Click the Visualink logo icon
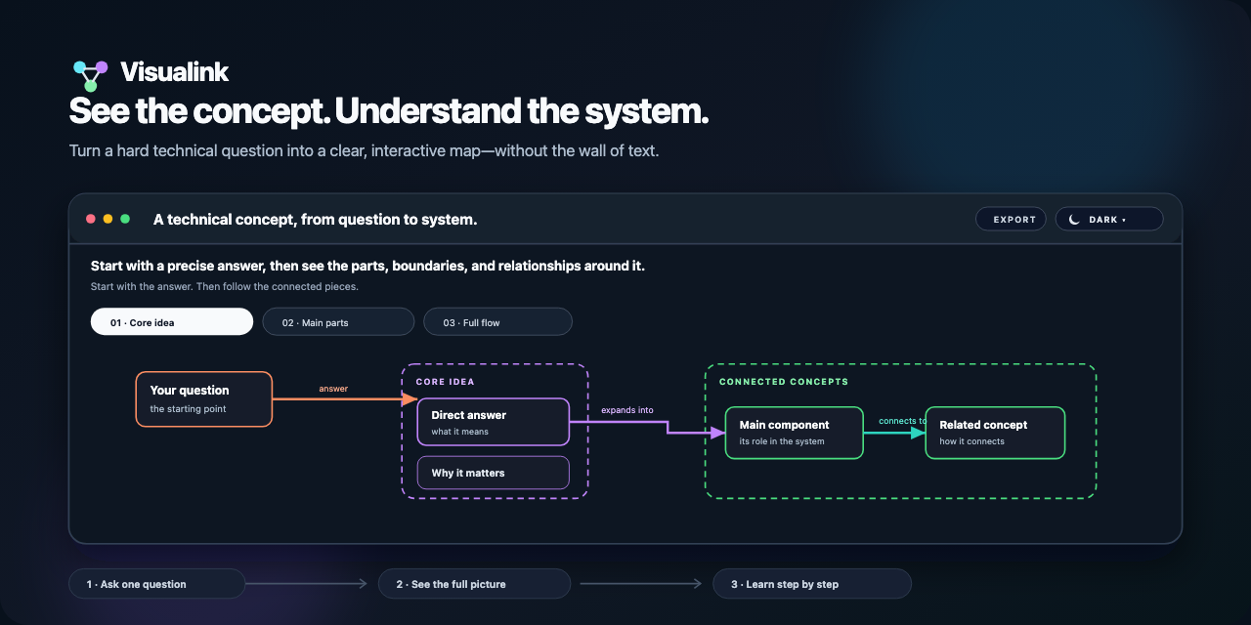tap(91, 76)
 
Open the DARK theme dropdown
tap(1108, 220)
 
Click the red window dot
tap(91, 219)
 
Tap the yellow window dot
tap(108, 219)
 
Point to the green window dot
tap(125, 219)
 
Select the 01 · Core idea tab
tap(171, 322)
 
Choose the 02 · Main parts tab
tap(338, 322)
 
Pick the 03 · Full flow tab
tap(497, 322)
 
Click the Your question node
tap(204, 399)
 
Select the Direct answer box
tap(494, 422)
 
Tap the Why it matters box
tap(494, 473)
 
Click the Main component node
tap(795, 433)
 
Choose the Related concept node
tap(995, 433)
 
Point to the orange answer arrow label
tap(333, 389)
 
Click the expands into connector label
tap(627, 410)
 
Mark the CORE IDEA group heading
tap(445, 382)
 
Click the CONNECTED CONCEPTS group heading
tap(784, 382)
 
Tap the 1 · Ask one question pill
tap(157, 584)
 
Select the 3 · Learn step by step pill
tap(812, 584)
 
